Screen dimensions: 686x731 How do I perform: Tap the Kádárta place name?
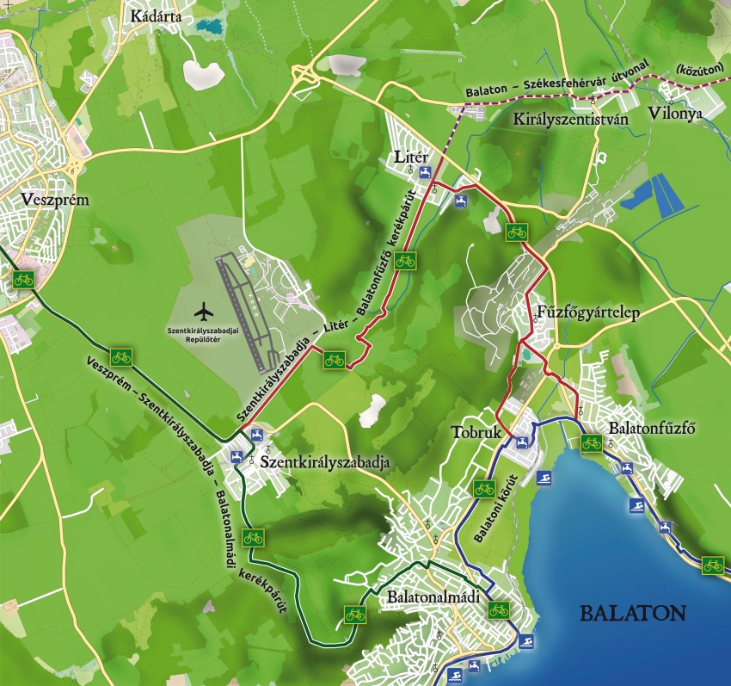point(156,16)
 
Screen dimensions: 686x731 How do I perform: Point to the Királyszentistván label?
point(569,120)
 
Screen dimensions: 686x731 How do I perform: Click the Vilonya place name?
point(676,113)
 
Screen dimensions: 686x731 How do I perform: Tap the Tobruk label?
point(475,433)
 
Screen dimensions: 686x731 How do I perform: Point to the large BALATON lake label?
point(632,614)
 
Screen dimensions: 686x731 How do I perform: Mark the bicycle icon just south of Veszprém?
point(23,279)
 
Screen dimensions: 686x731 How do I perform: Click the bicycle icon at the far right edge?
point(713,565)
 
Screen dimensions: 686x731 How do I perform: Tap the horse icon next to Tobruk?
point(521,442)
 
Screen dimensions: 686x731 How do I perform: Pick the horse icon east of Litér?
point(463,201)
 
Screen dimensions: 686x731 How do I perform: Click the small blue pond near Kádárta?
point(207,26)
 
